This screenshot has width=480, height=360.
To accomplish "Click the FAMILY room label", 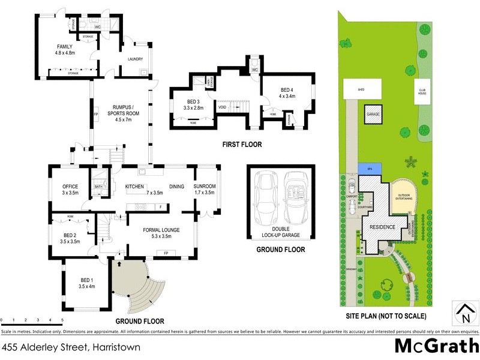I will [x=64, y=46].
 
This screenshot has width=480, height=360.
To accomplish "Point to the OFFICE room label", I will [x=71, y=186].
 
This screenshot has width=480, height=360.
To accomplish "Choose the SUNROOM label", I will [x=204, y=186].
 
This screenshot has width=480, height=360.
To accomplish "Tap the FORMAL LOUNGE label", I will [x=161, y=230].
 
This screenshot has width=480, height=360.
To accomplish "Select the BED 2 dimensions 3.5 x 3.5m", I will [x=71, y=241].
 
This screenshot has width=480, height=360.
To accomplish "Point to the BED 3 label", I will [x=193, y=101].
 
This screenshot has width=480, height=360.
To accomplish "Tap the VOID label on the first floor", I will [x=222, y=108].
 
